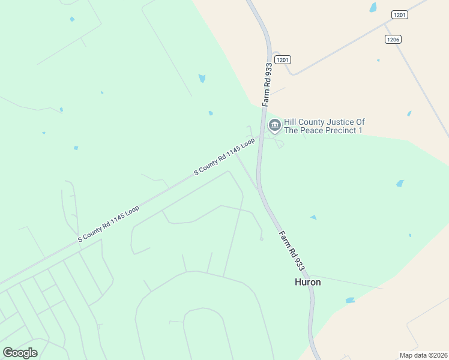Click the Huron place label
[x=307, y=282]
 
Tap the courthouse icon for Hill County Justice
[x=275, y=125]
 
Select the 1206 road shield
[x=393, y=39]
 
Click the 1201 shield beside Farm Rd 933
[x=283, y=59]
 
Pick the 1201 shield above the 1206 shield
[x=399, y=14]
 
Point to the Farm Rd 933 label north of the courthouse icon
[x=266, y=84]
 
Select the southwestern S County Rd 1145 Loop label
[x=109, y=224]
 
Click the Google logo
[x=20, y=353]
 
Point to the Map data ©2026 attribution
[x=423, y=355]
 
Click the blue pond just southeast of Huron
[x=350, y=300]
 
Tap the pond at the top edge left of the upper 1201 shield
[x=373, y=7]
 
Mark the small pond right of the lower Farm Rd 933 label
[x=313, y=217]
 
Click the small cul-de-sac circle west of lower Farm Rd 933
[x=261, y=239]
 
